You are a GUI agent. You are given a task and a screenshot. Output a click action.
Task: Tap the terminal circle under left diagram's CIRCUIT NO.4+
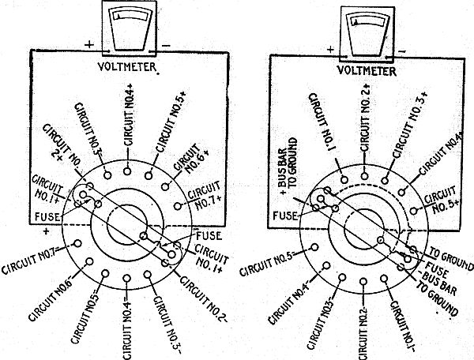pyautogui.click(x=129, y=167)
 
